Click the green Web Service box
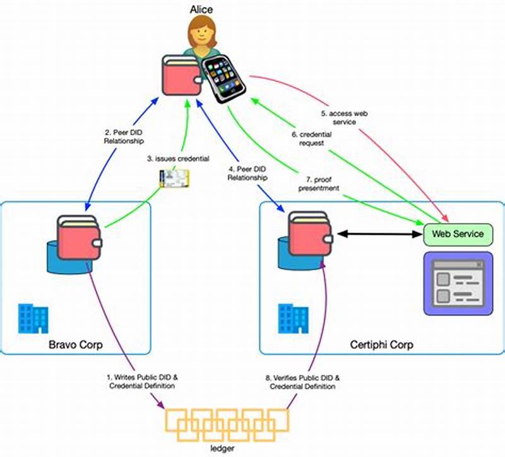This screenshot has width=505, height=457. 457,234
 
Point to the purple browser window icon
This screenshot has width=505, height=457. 457,283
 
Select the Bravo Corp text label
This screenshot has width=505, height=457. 75,345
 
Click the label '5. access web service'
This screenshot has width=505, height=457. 343,117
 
